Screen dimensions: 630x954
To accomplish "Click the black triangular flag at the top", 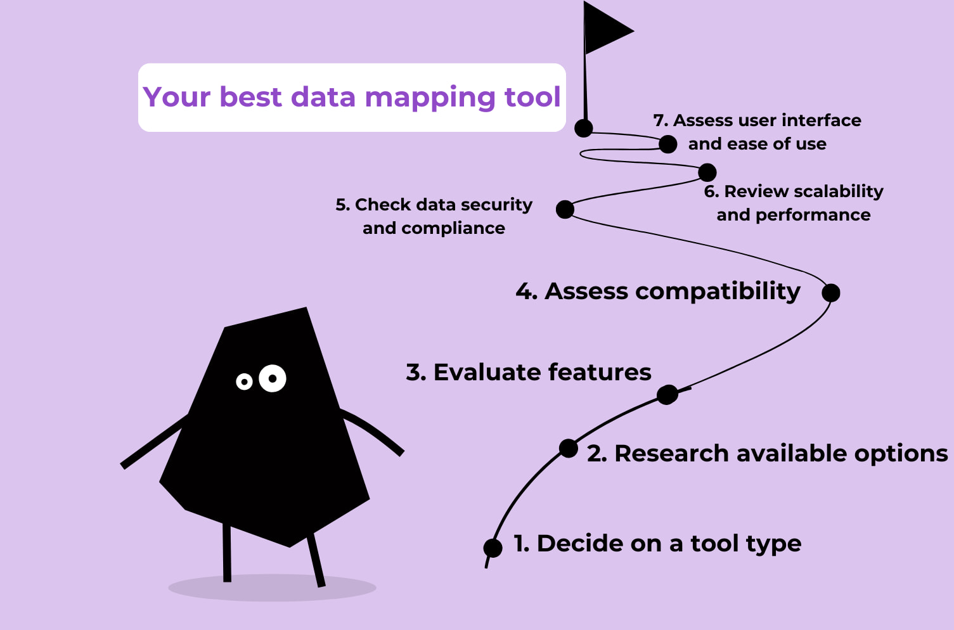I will click(605, 29).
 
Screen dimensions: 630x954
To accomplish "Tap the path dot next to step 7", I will click(667, 145).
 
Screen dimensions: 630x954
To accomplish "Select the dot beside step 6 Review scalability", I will click(707, 172).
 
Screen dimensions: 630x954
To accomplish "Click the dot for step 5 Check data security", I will click(565, 209).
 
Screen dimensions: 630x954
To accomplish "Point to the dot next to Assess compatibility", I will click(831, 293).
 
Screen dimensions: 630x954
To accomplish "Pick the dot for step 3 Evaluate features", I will click(667, 395).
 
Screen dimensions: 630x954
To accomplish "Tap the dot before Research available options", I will click(569, 449).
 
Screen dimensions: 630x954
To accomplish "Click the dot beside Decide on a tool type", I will click(493, 548).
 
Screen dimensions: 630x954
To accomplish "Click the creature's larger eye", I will click(273, 378).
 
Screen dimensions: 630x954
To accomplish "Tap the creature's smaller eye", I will click(244, 382).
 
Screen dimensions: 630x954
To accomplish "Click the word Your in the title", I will click(177, 97).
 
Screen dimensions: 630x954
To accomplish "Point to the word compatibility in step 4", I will click(718, 292).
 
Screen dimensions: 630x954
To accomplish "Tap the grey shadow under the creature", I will click(272, 589).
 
